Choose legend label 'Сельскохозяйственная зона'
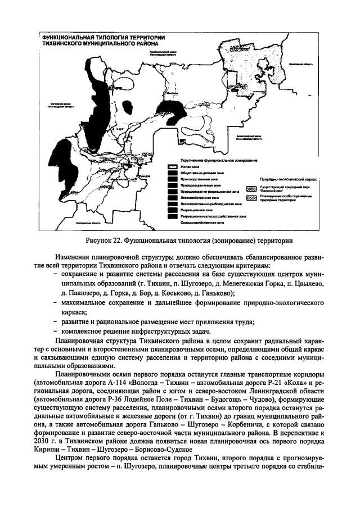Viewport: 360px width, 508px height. [x=196, y=223]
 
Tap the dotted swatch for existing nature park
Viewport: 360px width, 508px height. [x=251, y=189]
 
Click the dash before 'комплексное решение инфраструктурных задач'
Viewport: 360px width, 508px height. [x=56, y=333]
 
